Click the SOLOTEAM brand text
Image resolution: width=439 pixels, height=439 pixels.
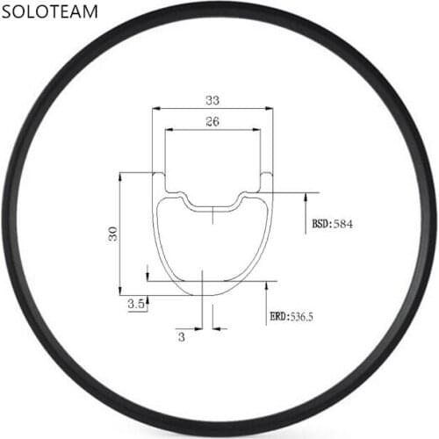pyautogui.click(x=54, y=17)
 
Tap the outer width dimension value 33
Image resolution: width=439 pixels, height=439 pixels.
pyautogui.click(x=212, y=99)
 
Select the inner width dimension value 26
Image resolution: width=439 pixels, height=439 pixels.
pyautogui.click(x=212, y=122)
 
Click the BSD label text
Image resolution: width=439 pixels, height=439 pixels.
pyautogui.click(x=320, y=225)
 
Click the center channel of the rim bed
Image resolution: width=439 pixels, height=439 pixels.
pyautogui.click(x=212, y=207)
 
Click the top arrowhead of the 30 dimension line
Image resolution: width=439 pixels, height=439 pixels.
pyautogui.click(x=120, y=176)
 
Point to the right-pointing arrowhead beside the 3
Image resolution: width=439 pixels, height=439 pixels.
pyautogui.click(x=198, y=329)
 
